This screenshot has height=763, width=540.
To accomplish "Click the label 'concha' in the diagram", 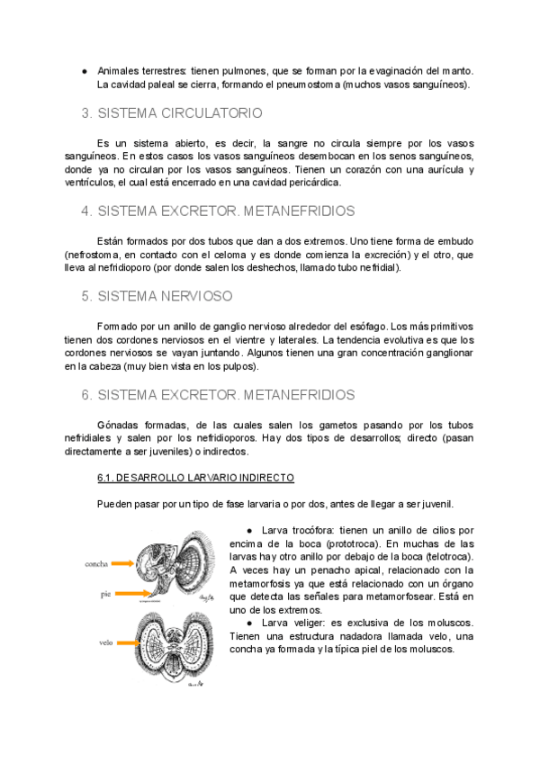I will (96, 563).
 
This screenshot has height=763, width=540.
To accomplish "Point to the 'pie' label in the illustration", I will (106, 594).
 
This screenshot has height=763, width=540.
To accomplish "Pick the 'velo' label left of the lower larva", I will (105, 642).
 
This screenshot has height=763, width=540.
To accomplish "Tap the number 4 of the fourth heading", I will (85, 211).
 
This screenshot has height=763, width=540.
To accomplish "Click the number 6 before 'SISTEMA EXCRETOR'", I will (85, 394).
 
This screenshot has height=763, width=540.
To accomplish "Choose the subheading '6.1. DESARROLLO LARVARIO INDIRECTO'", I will (195, 477).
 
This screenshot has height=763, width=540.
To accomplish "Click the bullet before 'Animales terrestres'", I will (84, 70).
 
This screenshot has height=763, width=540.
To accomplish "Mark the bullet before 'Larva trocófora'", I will (248, 531).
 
